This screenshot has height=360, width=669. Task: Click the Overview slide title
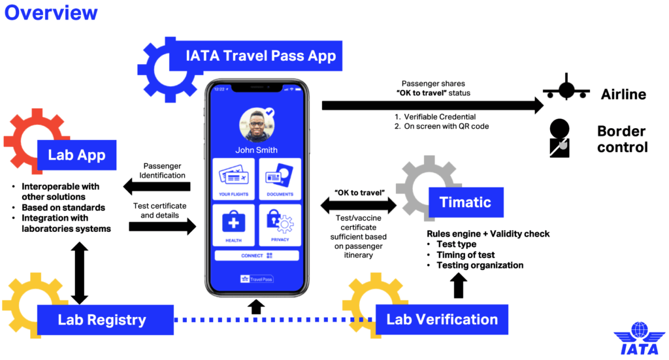51,12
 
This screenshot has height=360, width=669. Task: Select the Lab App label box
77,155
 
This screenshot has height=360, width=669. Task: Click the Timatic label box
465,203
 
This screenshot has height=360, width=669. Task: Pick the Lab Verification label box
442,319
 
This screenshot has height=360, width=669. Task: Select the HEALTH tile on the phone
233,224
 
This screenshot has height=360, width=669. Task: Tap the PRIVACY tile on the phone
280,224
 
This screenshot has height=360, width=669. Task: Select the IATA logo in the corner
637,340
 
